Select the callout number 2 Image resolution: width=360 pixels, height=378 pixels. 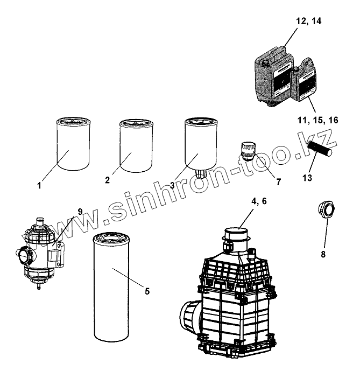(x=108, y=181)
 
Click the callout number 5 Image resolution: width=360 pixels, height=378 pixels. (x=147, y=291)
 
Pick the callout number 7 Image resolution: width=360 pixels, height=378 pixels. (x=278, y=183)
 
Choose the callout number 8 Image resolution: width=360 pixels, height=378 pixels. (x=323, y=254)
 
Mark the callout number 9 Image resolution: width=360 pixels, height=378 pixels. (x=80, y=212)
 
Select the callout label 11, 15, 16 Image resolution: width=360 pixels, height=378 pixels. (x=317, y=120)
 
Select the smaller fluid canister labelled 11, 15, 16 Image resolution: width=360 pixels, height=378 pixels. (x=305, y=82)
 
